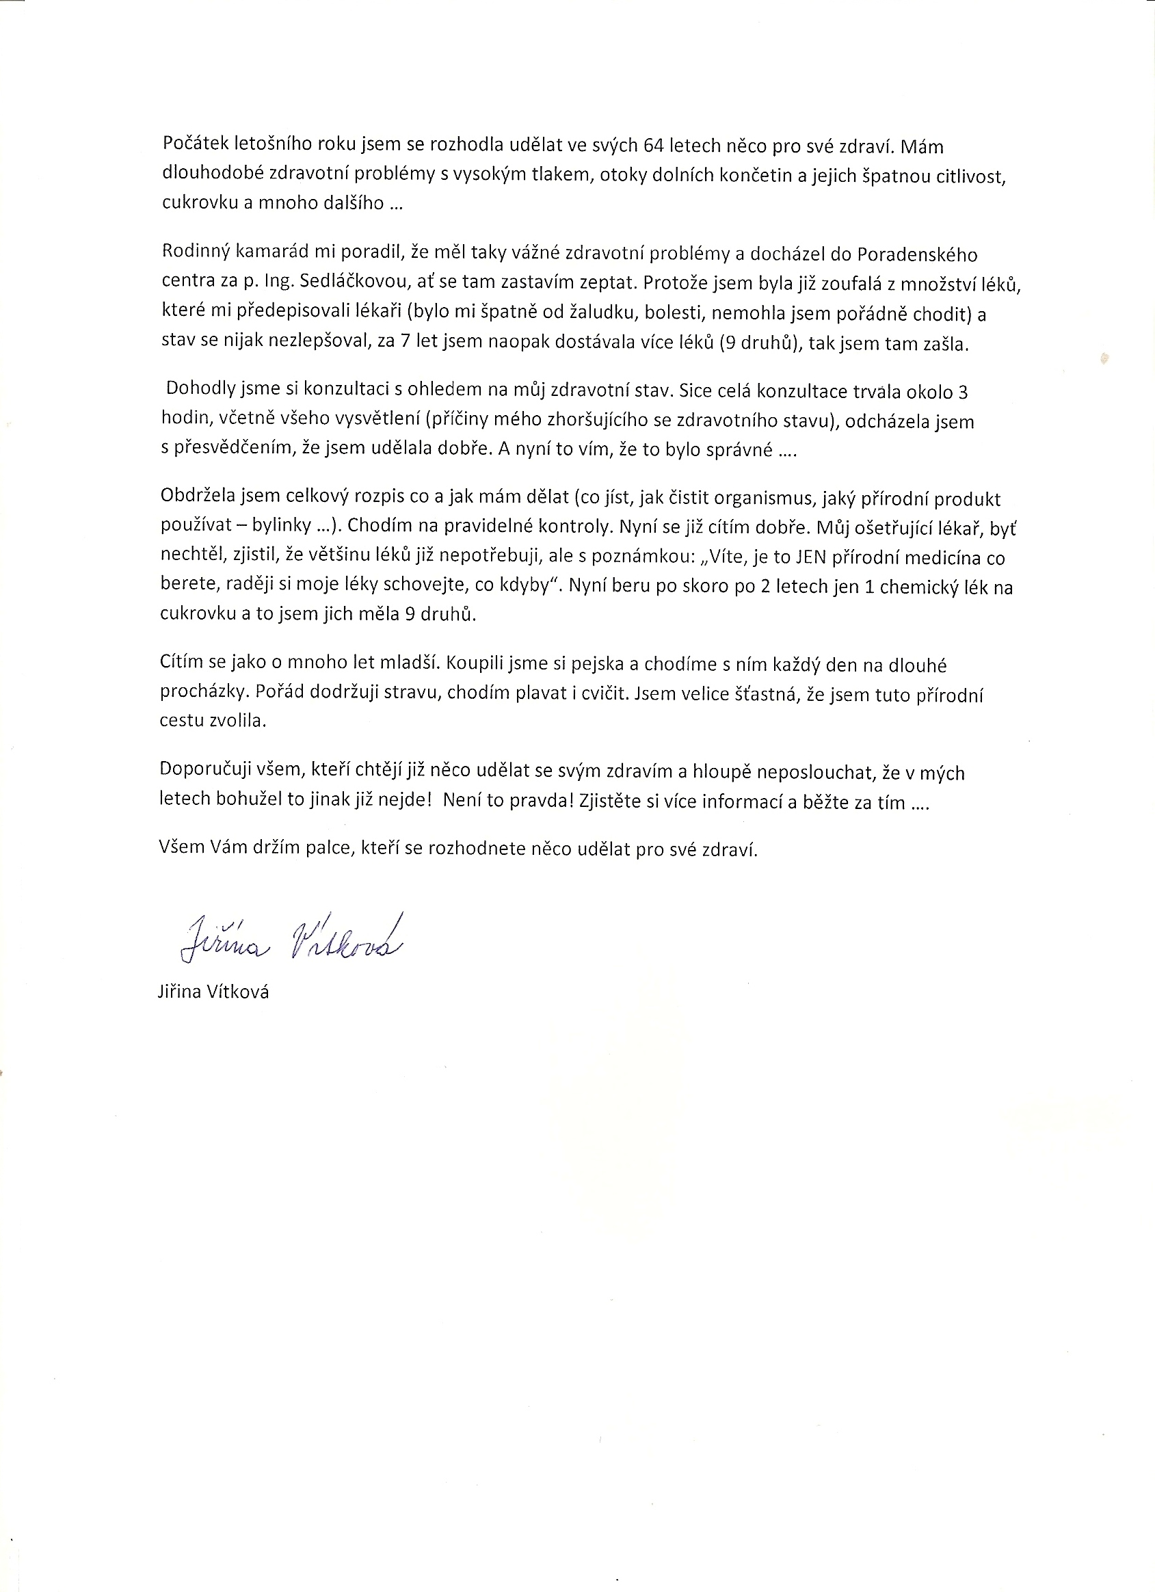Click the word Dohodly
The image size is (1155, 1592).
199,390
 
